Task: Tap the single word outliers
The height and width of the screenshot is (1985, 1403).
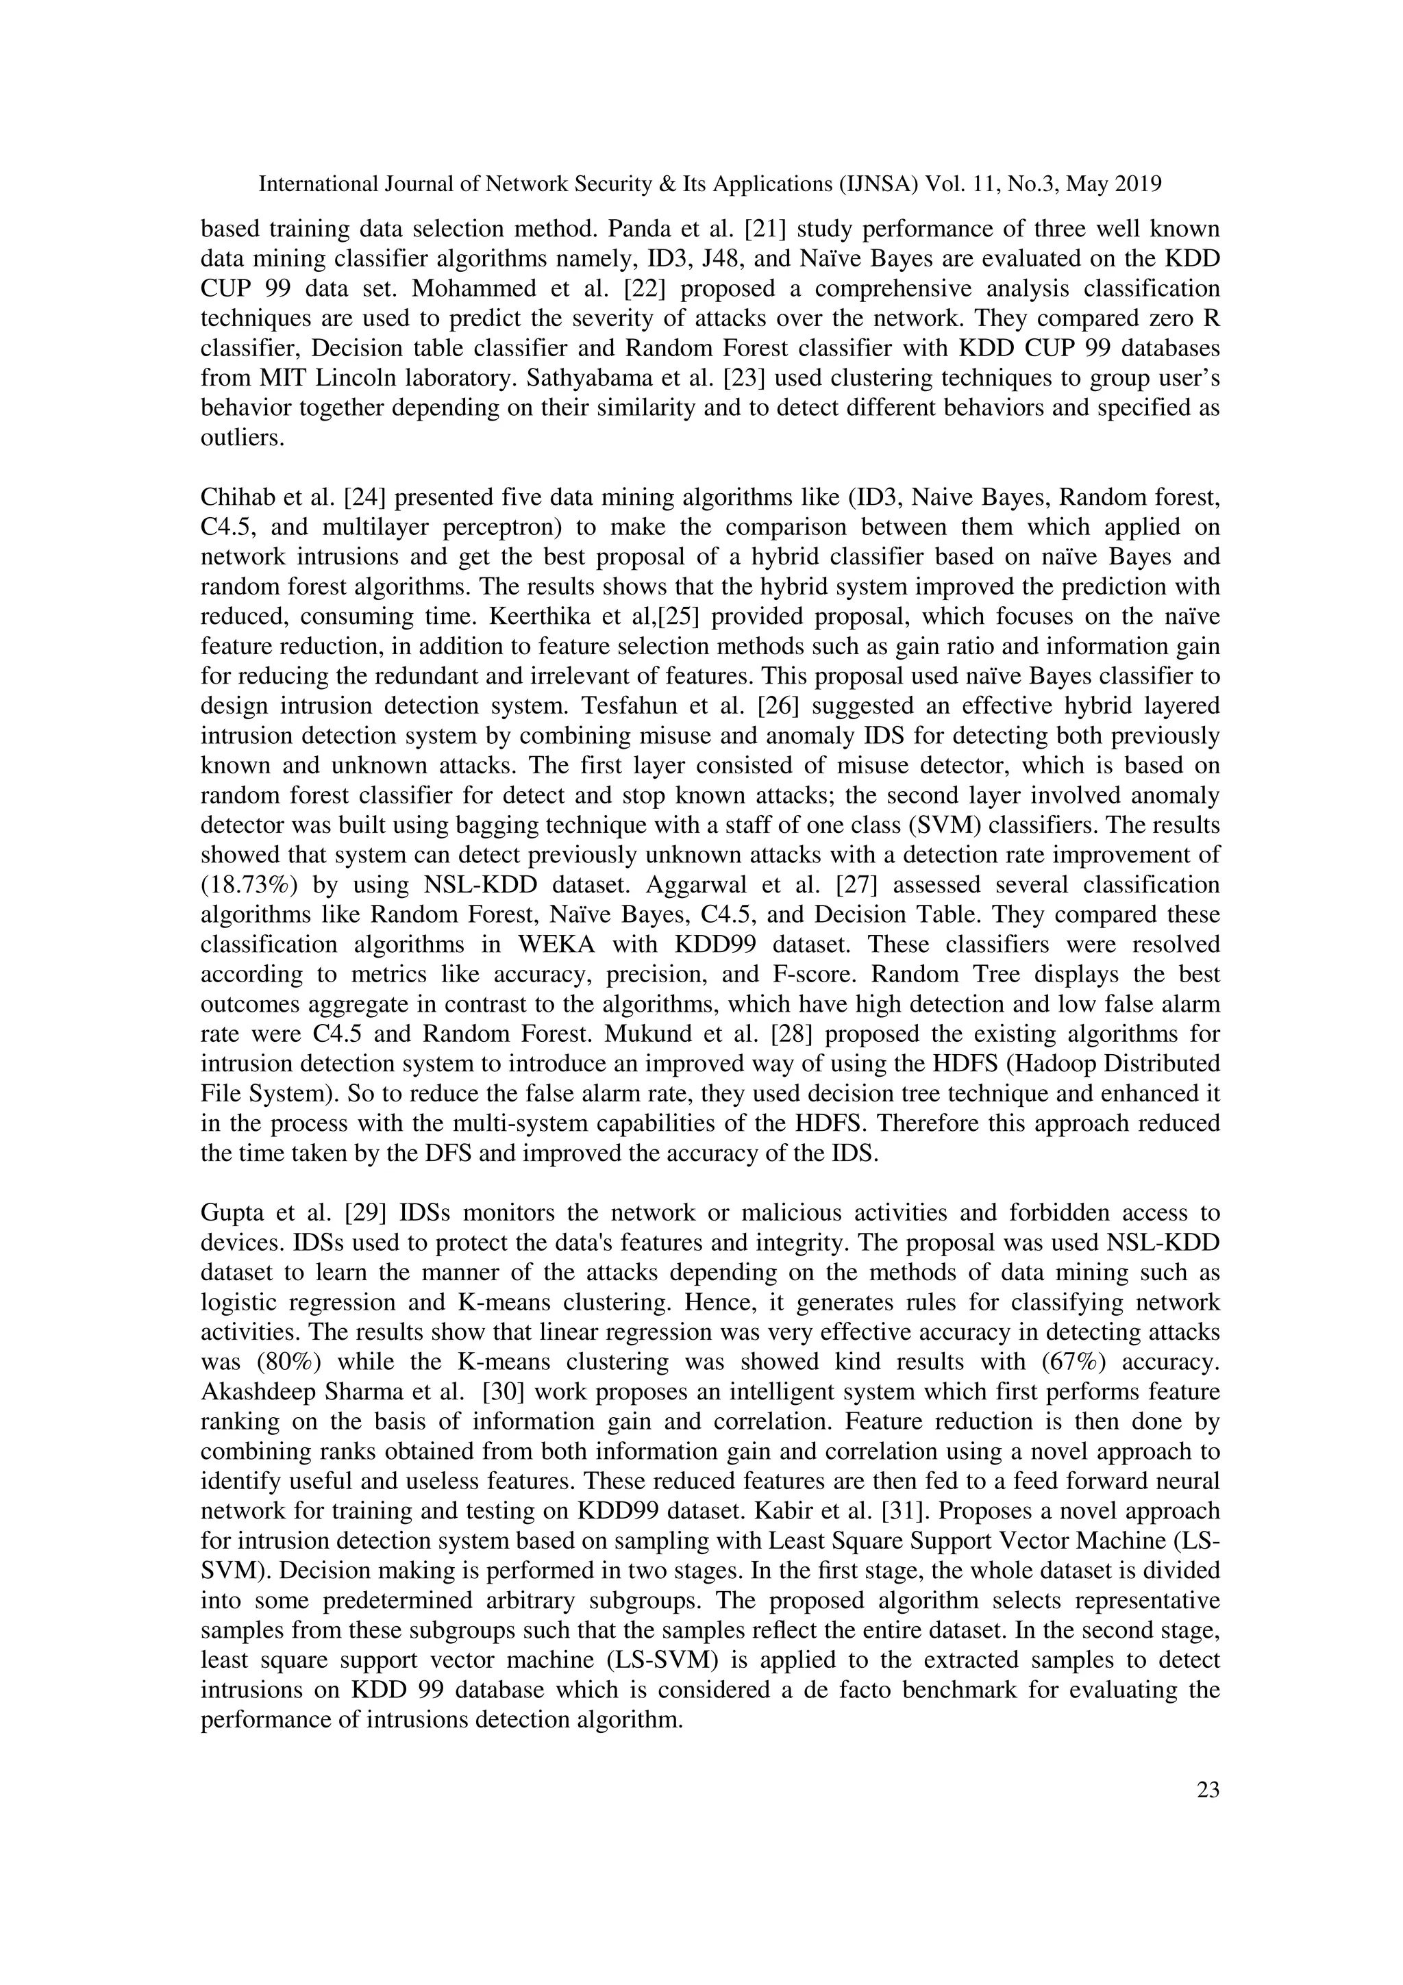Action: point(242,438)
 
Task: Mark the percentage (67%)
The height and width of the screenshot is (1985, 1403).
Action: point(1074,1362)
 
